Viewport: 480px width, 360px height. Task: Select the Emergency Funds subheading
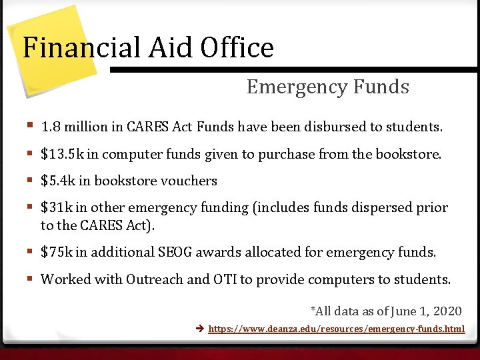click(327, 87)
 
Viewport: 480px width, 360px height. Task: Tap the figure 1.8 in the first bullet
click(49, 127)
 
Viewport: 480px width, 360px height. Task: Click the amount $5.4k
click(59, 181)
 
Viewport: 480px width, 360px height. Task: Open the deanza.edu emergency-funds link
click(336, 329)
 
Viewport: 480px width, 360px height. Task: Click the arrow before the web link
click(200, 329)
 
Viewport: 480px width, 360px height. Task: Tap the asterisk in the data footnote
click(313, 310)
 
